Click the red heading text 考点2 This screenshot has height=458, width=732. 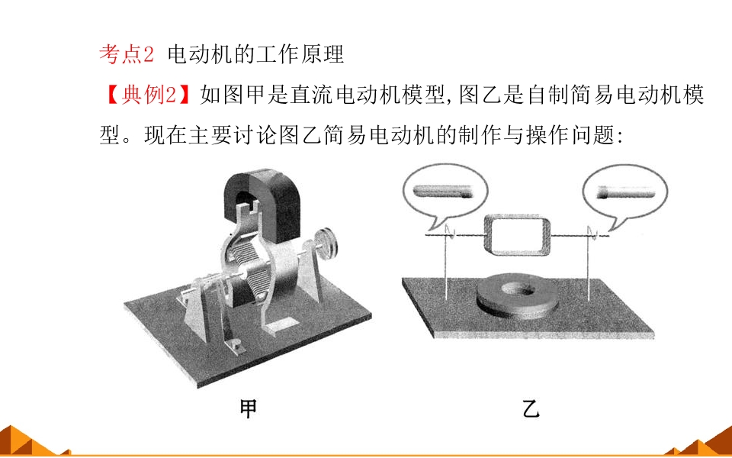127,55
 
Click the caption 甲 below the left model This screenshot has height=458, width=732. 248,409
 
